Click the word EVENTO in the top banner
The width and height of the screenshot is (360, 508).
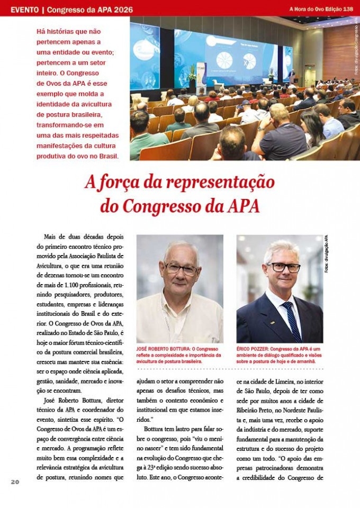24,10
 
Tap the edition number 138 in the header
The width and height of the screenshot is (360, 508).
348,9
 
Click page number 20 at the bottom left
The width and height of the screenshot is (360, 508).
15,482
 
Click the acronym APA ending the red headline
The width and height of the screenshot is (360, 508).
244,205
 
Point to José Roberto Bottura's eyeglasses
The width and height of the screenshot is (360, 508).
179,268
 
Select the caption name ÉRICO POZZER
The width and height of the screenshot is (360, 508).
253,349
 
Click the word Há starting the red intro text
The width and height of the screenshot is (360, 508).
41,31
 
